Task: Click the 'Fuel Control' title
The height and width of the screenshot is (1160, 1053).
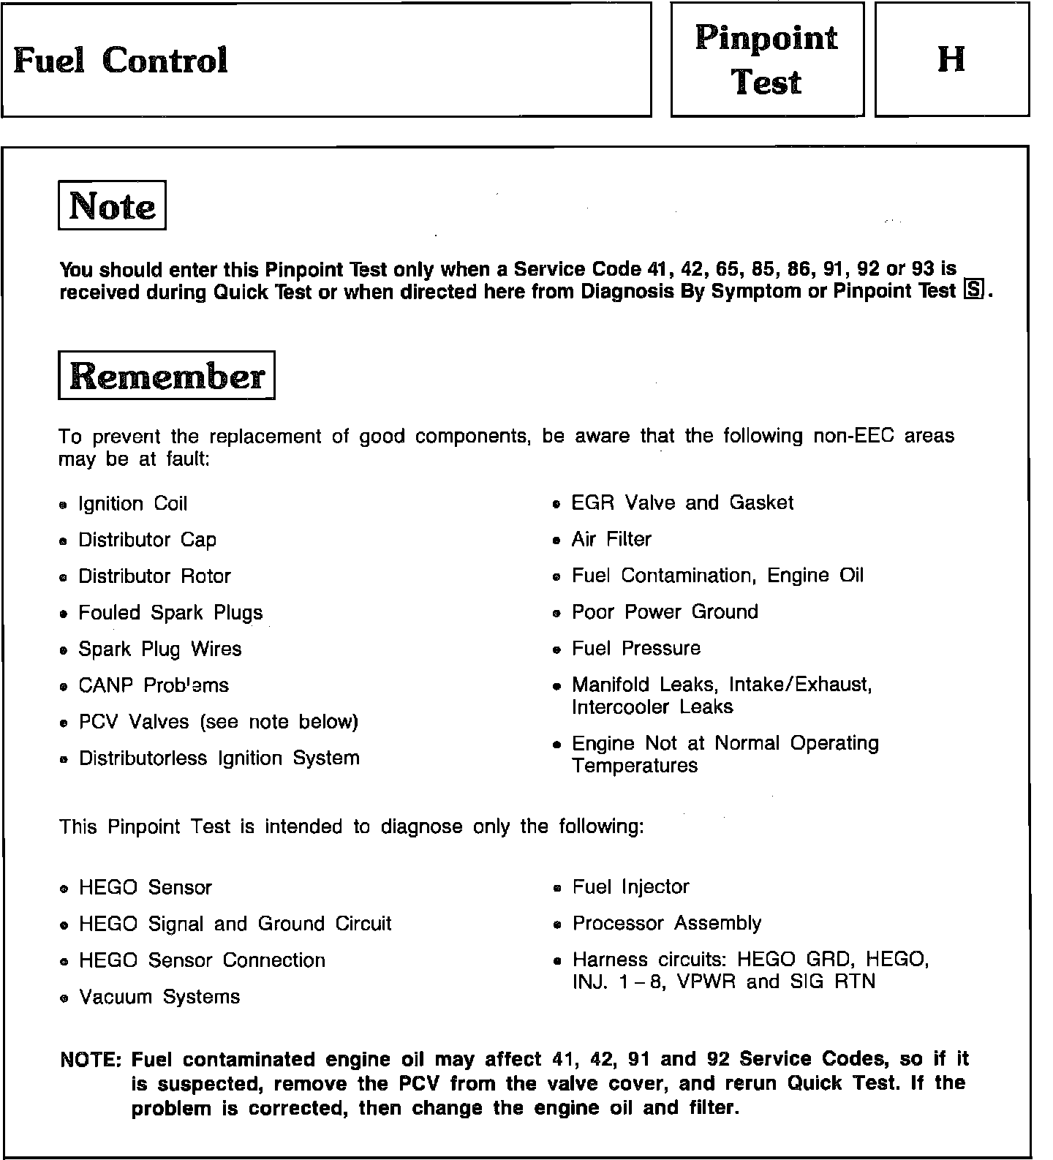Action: [121, 60]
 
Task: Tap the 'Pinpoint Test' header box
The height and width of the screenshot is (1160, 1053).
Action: [766, 60]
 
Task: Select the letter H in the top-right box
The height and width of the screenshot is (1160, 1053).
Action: [951, 59]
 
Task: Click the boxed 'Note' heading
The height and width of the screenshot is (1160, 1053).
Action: [112, 206]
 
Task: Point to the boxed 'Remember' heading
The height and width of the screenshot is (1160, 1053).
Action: [167, 376]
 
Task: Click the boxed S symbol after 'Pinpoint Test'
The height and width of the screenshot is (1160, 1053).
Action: [974, 290]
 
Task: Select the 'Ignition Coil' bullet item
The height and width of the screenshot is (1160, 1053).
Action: [132, 504]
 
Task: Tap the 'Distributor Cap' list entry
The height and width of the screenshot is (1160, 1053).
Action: [147, 541]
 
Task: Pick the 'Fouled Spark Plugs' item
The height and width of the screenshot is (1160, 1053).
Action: [170, 613]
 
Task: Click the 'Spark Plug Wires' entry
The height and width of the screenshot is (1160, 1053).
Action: [159, 649]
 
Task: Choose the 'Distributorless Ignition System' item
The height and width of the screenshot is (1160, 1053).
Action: [219, 758]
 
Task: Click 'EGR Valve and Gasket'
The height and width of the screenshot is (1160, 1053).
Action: [682, 503]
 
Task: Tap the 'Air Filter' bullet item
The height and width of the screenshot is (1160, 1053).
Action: [611, 540]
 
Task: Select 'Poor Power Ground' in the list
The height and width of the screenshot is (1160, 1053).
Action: [665, 612]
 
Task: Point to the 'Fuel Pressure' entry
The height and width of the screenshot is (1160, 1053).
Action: [636, 649]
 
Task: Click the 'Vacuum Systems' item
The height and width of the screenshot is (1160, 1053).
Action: [159, 997]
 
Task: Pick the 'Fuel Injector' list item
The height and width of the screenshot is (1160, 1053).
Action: [630, 887]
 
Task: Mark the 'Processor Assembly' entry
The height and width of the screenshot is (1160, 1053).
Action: [667, 924]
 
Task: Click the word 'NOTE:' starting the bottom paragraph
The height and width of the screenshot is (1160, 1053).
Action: [92, 1060]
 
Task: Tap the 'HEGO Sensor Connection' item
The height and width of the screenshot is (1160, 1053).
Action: [202, 960]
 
